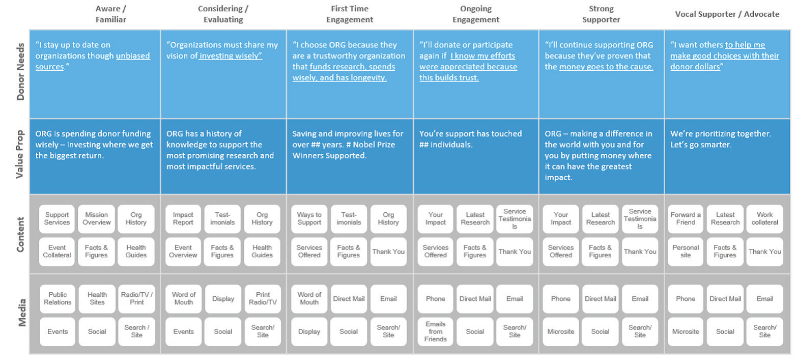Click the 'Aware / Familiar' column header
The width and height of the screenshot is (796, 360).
(110, 14)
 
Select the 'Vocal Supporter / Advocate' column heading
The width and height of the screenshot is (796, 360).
(727, 14)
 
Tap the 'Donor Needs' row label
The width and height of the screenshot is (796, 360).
(20, 71)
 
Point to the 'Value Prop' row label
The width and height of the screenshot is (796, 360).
(19, 154)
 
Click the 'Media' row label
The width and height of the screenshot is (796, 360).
(22, 312)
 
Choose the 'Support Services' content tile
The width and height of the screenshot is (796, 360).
(57, 218)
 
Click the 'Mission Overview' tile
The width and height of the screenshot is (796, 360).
(96, 218)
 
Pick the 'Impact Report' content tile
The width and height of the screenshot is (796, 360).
(183, 218)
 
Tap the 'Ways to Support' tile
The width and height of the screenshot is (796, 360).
(309, 218)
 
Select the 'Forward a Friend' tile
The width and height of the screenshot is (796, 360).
(686, 218)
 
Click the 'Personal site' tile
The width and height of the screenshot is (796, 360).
(686, 252)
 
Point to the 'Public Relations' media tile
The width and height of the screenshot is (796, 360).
(58, 298)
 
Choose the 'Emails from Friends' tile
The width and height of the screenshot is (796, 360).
(435, 331)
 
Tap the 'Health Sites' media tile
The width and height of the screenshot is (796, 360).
(97, 298)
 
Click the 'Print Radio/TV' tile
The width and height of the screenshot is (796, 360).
(263, 298)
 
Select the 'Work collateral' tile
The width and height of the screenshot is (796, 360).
(765, 218)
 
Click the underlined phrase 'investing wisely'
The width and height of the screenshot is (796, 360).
(230, 56)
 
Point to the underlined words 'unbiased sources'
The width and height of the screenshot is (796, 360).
(93, 61)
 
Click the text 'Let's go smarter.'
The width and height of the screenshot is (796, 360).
(701, 145)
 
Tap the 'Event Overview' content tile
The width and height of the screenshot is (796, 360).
(183, 252)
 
